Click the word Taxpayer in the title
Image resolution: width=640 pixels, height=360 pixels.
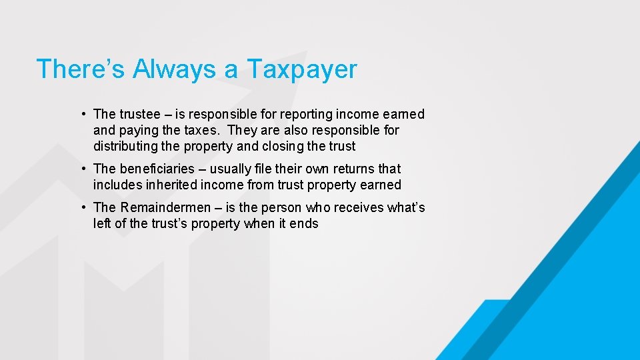(302, 69)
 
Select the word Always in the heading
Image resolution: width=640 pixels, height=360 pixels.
(175, 69)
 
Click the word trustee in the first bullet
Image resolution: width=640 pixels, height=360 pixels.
(140, 114)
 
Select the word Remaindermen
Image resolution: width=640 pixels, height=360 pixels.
(163, 207)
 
